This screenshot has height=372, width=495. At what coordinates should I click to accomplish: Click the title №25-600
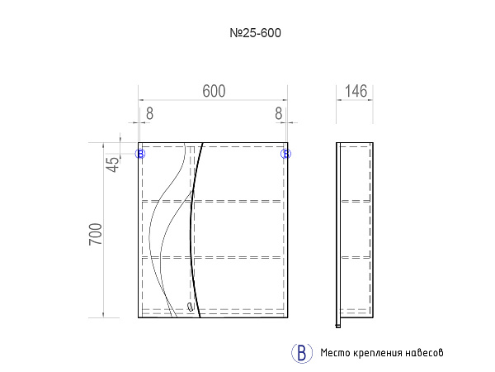tap(256, 33)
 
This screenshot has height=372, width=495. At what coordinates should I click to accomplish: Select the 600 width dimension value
tap(214, 92)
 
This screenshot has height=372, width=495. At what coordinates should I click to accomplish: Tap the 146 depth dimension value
tap(356, 92)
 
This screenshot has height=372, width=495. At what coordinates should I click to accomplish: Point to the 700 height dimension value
tap(96, 234)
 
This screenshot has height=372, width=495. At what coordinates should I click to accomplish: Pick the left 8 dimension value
tap(149, 113)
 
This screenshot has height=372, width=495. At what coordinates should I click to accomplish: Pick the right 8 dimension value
tap(279, 113)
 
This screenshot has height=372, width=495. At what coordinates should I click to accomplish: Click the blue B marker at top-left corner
tap(140, 154)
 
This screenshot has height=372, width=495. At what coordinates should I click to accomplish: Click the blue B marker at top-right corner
tap(285, 154)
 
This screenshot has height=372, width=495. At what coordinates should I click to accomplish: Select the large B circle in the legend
tap(302, 353)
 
